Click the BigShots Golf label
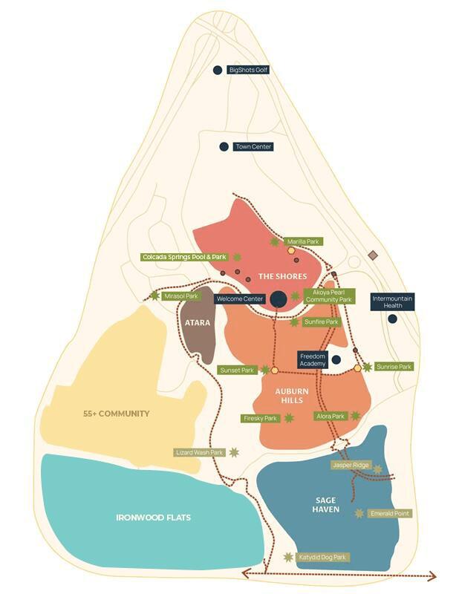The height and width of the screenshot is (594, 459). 248,70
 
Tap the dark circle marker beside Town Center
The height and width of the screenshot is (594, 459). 224,146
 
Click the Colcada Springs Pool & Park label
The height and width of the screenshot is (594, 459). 184,257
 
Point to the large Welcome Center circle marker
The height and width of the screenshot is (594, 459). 278,298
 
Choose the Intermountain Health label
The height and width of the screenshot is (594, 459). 392,301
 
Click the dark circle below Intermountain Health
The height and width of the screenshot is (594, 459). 392,319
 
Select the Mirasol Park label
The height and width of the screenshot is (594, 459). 182,296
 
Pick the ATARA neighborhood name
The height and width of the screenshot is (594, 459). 198,323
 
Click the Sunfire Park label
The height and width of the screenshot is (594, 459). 322,322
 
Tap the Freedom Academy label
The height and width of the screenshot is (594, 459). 312,360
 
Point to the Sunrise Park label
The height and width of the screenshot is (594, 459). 394,367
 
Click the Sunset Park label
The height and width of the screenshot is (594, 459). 237,370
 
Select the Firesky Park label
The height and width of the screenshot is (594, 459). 260,419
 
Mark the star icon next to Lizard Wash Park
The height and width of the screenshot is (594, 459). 235,452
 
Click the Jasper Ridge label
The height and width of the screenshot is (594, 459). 351,465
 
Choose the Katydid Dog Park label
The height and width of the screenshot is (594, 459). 322,557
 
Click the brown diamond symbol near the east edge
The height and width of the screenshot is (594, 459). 374,255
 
